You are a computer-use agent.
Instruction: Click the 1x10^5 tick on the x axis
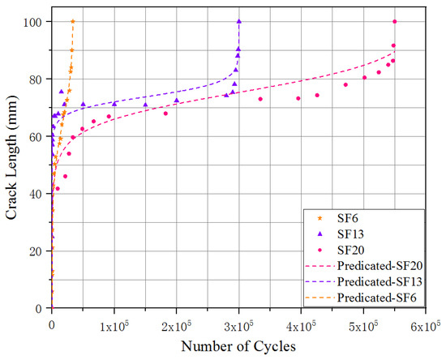click(114, 325)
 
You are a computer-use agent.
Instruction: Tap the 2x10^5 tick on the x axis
click(176, 325)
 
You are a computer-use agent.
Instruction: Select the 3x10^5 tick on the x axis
click(238, 325)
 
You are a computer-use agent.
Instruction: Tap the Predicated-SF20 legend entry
click(357, 264)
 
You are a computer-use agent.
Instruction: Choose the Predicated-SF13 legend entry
click(357, 280)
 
